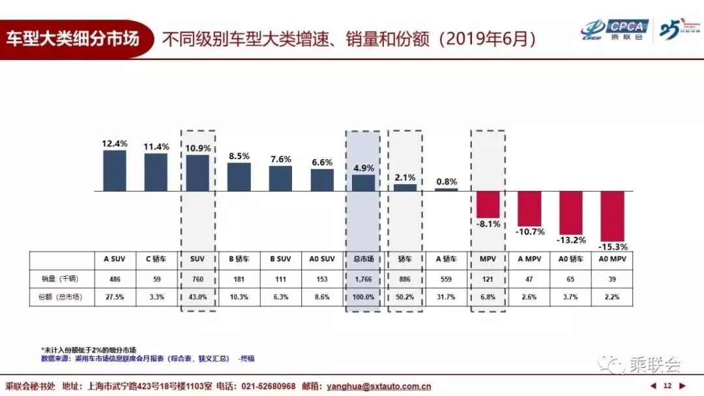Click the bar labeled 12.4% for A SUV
coord(115,171)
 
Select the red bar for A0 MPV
coord(612,216)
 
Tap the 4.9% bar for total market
coord(364,183)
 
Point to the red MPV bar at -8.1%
coord(488,204)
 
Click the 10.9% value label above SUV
coord(198,147)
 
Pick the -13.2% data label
coord(571,240)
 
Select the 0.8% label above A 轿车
coord(447,182)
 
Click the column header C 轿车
coord(156,259)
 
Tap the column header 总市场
coord(363,259)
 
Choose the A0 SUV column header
coord(322,259)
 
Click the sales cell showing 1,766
coord(363,278)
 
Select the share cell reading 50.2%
coord(405,297)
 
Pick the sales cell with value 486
coord(115,278)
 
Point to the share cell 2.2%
coord(612,297)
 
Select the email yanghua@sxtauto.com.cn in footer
coord(379,386)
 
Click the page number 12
coord(667,386)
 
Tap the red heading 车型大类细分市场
coord(73,37)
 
